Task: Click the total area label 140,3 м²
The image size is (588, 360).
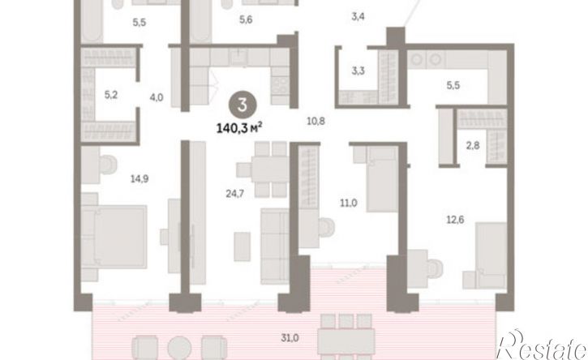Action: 239,129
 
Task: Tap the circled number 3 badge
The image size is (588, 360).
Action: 242,105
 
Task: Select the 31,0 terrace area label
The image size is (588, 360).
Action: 290,338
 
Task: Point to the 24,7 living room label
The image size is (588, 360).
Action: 234,194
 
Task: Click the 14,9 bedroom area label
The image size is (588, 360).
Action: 139,179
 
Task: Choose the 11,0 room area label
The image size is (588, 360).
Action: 349,204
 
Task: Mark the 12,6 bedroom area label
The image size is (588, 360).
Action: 455,220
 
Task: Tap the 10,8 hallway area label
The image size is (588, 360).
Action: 315,121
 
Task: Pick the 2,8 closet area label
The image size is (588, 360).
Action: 473,145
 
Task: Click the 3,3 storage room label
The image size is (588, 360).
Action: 358,71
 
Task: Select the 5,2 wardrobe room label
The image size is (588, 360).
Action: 110,95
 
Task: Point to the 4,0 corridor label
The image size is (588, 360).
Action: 157,97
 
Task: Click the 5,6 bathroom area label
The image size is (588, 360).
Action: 246,19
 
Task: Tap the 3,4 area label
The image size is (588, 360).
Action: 358,16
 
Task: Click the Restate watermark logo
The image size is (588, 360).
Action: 542,345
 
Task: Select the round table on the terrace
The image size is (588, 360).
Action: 179,348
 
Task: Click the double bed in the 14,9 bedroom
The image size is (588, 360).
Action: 114,236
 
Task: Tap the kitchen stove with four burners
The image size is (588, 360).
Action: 280,85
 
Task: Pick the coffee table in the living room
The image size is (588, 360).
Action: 242,246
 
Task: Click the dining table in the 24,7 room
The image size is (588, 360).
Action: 269,169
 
